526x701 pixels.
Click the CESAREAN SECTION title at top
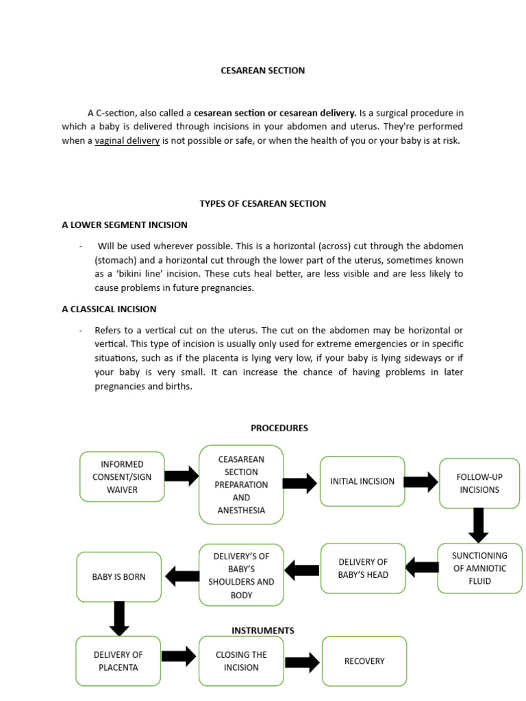262,71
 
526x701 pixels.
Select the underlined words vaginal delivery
127,140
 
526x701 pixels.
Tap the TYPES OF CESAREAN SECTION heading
262,203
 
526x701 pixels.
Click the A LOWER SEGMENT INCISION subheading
125,225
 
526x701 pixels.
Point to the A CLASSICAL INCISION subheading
109,309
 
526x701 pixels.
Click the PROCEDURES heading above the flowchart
279,428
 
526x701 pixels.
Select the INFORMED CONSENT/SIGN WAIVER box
122,476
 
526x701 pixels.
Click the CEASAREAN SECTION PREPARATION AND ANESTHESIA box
241,485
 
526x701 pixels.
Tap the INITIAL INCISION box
362,481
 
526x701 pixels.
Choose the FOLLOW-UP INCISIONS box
479,483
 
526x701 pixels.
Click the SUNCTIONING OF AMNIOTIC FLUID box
479,568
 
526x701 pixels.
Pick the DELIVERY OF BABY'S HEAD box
363,568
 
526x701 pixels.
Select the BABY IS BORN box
119,576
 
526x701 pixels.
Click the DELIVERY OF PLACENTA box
118,661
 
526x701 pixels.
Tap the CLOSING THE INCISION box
241,661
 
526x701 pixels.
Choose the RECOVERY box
364,661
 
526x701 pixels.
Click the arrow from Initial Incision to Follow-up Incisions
421,482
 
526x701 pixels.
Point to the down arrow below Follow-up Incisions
479,525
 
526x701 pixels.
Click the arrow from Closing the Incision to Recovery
302,661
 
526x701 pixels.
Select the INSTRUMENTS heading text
263,630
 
